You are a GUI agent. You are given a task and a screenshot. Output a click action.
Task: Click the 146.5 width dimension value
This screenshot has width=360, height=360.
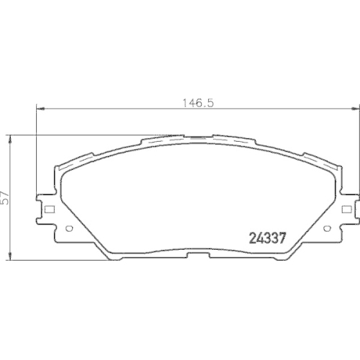(198, 103)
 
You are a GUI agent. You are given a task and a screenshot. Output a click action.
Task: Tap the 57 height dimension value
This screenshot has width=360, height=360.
(5, 198)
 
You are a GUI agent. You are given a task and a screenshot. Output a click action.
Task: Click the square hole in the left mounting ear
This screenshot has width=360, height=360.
(50, 210)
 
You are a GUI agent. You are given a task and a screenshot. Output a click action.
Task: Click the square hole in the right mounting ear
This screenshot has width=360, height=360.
(346, 210)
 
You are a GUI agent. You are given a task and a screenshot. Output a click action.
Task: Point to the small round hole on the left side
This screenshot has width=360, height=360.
(69, 228)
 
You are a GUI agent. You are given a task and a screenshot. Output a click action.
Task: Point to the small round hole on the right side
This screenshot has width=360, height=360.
(326, 228)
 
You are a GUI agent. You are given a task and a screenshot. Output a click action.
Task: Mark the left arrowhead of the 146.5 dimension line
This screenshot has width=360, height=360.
(40, 109)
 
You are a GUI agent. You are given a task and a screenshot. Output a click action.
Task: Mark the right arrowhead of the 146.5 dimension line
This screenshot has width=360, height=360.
(356, 109)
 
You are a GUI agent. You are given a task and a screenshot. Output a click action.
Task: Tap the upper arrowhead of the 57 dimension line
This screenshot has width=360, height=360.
(10, 140)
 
